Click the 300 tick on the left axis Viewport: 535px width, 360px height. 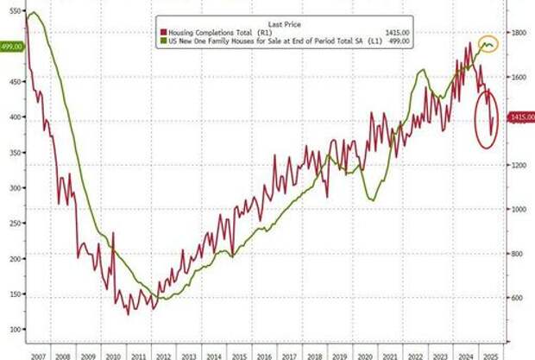[x=13, y=187]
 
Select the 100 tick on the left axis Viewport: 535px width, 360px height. [x=13, y=330]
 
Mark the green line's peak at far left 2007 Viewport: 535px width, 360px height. [x=32, y=13]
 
